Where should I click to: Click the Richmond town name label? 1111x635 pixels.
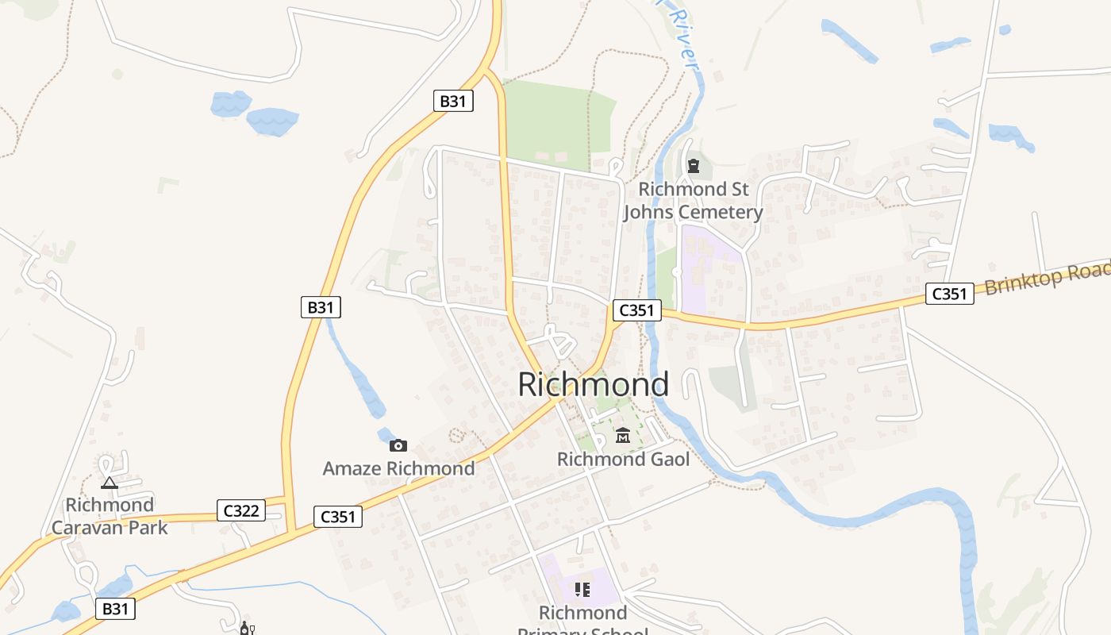[x=593, y=384]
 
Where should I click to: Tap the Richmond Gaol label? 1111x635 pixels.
[x=623, y=459]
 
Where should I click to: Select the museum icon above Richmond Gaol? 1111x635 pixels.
[x=623, y=435]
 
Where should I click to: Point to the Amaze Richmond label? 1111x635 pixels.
[x=398, y=468]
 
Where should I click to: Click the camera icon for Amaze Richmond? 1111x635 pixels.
[x=398, y=445]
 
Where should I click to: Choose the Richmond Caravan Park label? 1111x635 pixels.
[x=110, y=516]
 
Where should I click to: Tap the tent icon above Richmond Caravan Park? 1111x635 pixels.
[x=110, y=482]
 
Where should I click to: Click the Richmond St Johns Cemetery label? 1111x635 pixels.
[x=693, y=201]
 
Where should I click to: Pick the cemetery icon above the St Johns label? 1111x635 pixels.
[x=694, y=166]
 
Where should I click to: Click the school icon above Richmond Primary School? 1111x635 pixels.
[x=582, y=589]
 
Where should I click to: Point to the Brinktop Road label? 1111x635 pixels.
[x=1046, y=277]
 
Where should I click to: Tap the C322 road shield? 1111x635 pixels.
[x=241, y=510]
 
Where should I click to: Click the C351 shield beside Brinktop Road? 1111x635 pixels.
[x=949, y=294]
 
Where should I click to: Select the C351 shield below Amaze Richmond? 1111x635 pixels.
[x=338, y=517]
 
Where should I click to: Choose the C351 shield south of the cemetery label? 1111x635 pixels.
[x=636, y=310]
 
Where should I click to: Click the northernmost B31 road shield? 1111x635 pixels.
[x=453, y=101]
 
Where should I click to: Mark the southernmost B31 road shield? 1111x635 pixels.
[x=115, y=609]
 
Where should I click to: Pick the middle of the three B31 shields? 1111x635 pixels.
[x=321, y=307]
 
